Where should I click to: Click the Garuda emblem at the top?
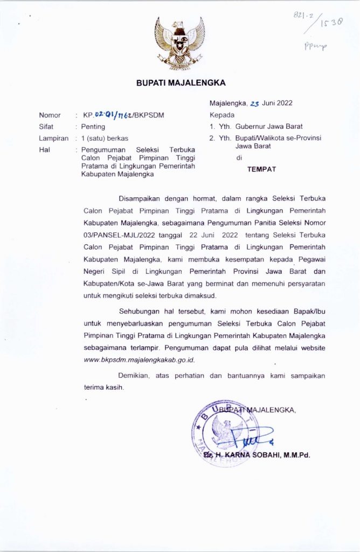tap(180, 43)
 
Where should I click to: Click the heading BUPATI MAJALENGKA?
tap(181, 83)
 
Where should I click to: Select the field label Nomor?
tap(50, 115)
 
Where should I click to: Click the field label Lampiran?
tap(53, 138)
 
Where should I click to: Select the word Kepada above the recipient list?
tap(222, 115)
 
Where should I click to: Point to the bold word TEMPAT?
tap(261, 169)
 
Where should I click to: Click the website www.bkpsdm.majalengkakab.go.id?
tap(140, 360)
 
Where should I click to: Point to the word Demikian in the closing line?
tap(133, 375)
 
